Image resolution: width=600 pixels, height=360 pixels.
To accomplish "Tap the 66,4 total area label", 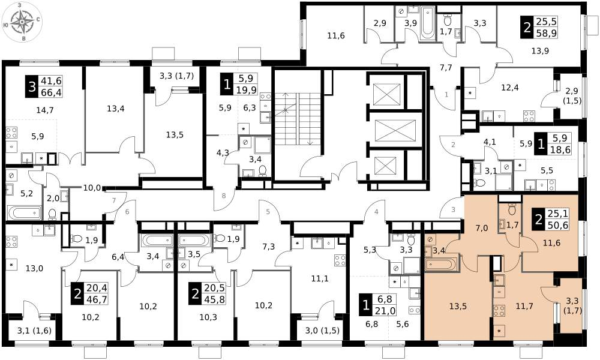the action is tap(54, 92).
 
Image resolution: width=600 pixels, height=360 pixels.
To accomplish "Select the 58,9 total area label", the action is tap(548, 32).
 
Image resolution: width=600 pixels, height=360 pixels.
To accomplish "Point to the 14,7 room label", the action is tap(45, 110).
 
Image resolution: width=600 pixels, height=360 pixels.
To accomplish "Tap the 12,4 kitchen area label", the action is tap(510, 87).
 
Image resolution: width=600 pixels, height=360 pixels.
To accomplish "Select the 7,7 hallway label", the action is tap(446, 68).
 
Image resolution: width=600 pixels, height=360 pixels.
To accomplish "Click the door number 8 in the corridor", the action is tap(224, 196).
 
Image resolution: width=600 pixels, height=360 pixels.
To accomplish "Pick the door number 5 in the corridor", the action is tap(268, 212).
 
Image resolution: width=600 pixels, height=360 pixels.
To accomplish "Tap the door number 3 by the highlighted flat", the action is tap(454, 209).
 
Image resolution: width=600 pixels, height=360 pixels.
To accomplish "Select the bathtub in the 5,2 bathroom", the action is tap(25, 213).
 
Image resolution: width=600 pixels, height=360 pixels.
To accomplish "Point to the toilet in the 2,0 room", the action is tap(52, 214).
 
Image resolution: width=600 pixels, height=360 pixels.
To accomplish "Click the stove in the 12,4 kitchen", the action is tap(529, 116).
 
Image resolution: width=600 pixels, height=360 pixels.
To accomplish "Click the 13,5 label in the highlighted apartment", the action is tap(458, 306).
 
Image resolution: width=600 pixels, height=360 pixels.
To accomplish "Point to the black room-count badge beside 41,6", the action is tap(31, 86).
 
